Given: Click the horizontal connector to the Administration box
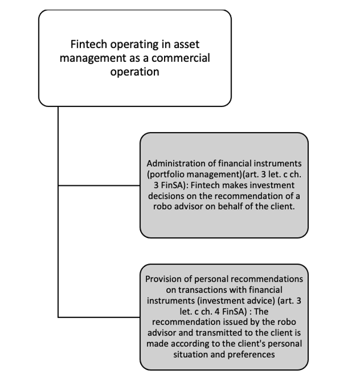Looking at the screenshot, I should pyautogui.click(x=99, y=186).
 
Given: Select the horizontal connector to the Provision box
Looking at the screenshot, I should pyautogui.click(x=99, y=317).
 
